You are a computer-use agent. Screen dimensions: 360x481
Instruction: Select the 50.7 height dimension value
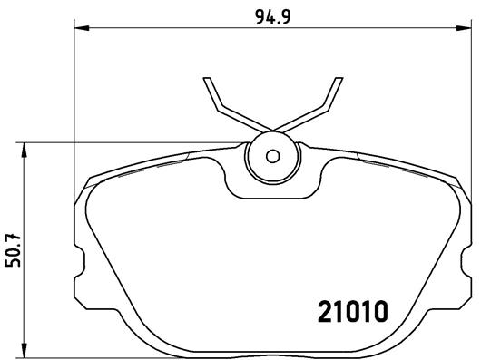click(12, 248)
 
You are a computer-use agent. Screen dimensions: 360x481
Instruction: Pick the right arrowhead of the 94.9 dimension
click(466, 31)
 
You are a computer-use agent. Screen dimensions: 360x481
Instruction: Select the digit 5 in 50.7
click(12, 262)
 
